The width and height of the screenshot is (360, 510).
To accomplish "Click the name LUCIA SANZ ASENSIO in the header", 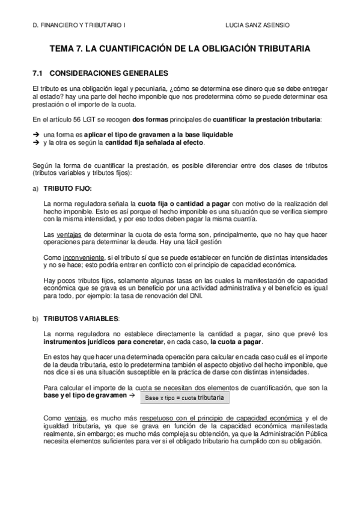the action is pyautogui.click(x=256, y=27).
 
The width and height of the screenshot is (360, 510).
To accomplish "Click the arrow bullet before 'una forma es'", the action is pyautogui.click(x=35, y=134).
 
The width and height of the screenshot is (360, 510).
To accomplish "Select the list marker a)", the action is pyautogui.click(x=35, y=188).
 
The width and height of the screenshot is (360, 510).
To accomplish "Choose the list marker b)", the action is pyautogui.click(x=35, y=318).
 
